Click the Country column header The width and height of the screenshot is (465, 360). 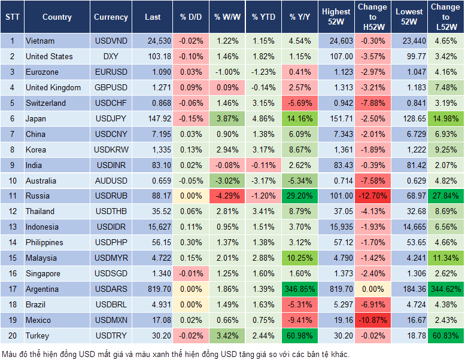[x=56, y=17]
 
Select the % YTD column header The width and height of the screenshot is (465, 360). [x=263, y=17]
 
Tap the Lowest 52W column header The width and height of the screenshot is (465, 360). [x=410, y=17]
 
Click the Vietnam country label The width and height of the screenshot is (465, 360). [x=40, y=41]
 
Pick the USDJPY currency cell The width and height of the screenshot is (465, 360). [x=111, y=118]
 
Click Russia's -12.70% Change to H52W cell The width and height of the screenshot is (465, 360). [x=372, y=196]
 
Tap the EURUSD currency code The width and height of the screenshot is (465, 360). [x=111, y=72]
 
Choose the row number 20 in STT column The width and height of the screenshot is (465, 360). [x=12, y=335]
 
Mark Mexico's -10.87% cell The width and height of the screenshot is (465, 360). [x=372, y=320]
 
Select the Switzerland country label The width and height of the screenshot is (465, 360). [x=45, y=103]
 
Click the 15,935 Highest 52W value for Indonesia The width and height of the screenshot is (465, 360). [x=336, y=227]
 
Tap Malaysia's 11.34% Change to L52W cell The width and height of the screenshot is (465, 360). [x=445, y=258]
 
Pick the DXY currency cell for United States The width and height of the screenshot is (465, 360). [x=111, y=56]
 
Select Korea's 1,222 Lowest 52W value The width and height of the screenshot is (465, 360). [x=410, y=150]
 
